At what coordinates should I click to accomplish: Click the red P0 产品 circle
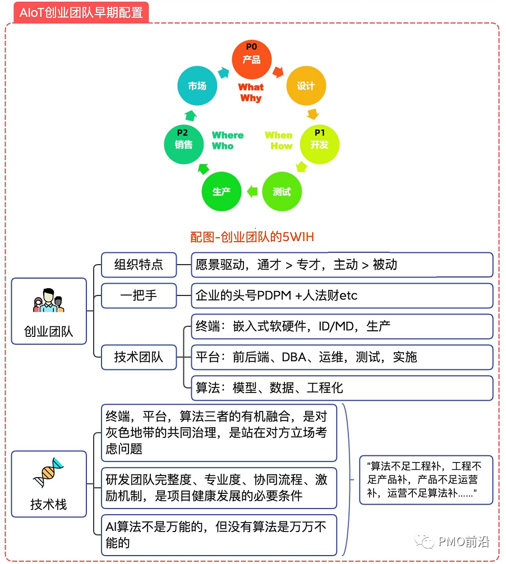(x=252, y=59)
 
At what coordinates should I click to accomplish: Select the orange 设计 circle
(x=306, y=86)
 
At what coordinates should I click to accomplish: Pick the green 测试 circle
(x=282, y=192)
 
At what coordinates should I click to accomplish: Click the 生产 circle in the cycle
(x=222, y=192)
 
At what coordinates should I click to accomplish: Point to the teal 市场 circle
(x=197, y=86)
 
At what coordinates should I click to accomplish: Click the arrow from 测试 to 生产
(x=252, y=192)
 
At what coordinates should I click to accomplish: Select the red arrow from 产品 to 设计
(x=279, y=72)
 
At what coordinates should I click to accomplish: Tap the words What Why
(x=251, y=93)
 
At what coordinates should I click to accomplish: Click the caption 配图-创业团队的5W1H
(x=252, y=237)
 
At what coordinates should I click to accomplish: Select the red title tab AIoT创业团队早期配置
(x=81, y=12)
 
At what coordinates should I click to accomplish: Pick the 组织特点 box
(x=139, y=265)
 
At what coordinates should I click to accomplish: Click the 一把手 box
(x=139, y=295)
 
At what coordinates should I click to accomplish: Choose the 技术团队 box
(x=139, y=357)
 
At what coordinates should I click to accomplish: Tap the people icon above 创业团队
(x=49, y=301)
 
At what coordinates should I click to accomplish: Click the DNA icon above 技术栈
(x=49, y=473)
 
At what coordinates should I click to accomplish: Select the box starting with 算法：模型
(x=342, y=387)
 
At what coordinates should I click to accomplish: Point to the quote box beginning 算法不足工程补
(x=426, y=480)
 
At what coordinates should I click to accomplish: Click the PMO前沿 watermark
(x=452, y=542)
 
